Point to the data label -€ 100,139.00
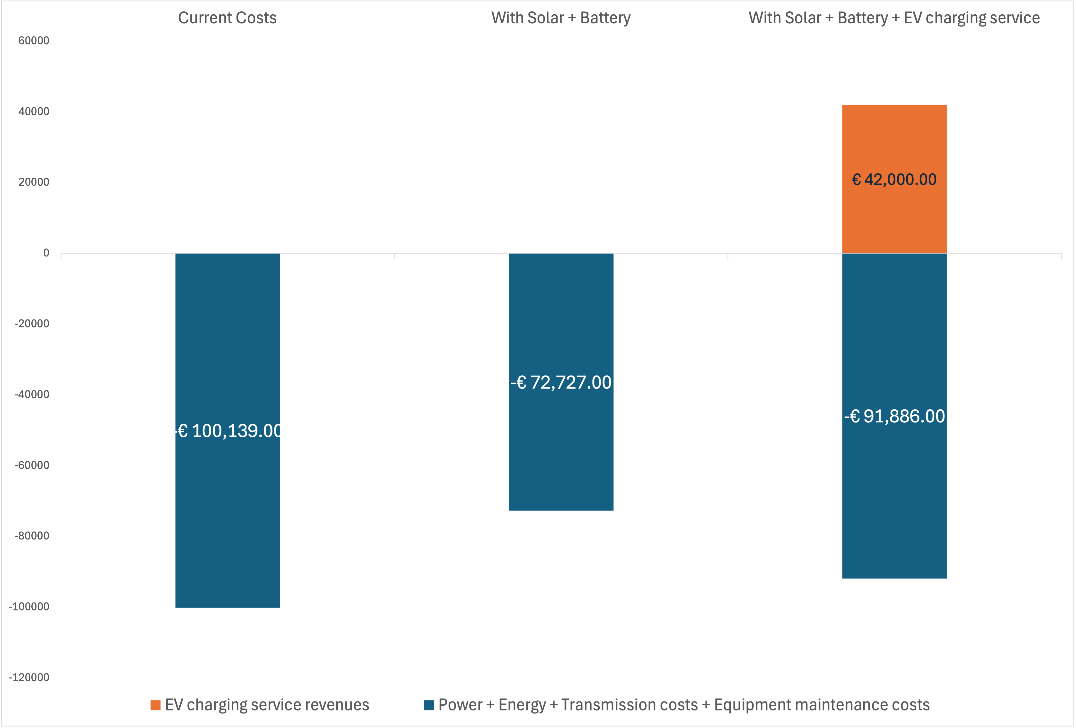(229, 431)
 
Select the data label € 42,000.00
(894, 179)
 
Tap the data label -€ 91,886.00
(894, 416)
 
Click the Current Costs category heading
(227, 18)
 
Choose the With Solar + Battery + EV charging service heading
(894, 18)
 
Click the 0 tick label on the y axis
(46, 253)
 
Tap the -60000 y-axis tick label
(32, 465)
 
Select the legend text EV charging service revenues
(267, 705)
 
